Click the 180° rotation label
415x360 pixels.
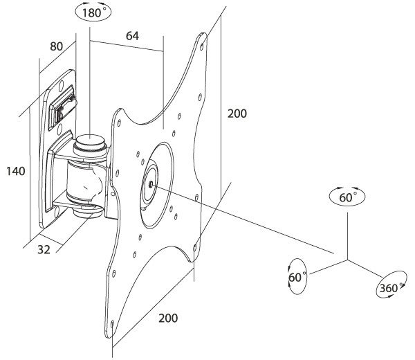93,12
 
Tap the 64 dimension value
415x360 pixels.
132,36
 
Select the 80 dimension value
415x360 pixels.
57,46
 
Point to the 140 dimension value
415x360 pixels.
16,171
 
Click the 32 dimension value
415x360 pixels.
44,249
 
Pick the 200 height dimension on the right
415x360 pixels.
237,114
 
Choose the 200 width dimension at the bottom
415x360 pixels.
168,318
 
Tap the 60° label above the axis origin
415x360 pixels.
348,197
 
